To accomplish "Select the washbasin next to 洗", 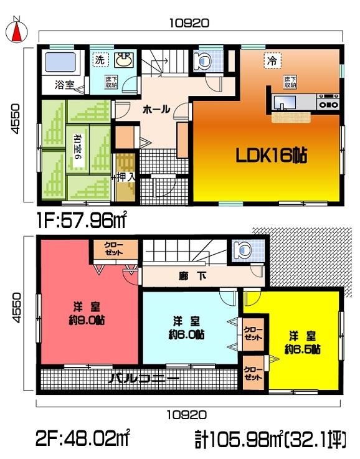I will click(x=123, y=60).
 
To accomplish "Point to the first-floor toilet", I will click(x=202, y=60).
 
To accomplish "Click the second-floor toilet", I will click(x=242, y=250).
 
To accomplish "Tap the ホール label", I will click(x=156, y=109).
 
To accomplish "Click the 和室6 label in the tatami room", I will click(x=78, y=149).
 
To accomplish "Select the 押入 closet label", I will click(x=125, y=177).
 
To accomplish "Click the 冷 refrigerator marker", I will click(x=272, y=60).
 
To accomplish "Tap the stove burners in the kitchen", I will click(x=328, y=102).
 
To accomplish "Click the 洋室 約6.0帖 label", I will click(x=186, y=327).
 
